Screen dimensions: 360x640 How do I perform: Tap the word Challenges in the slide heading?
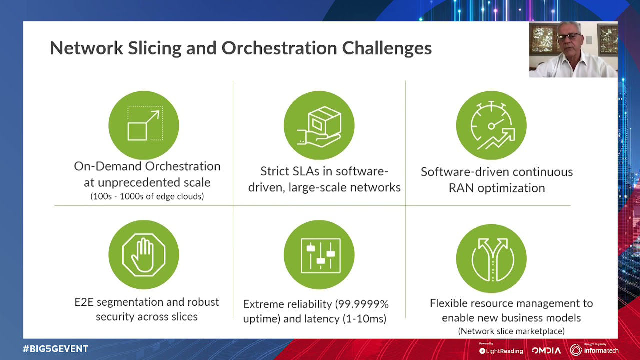(x=386, y=48)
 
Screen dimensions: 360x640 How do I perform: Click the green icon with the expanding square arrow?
(x=143, y=125)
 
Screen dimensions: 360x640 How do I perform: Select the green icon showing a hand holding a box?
(x=319, y=125)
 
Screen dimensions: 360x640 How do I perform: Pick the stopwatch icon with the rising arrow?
(x=491, y=125)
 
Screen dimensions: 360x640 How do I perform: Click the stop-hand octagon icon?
(x=143, y=255)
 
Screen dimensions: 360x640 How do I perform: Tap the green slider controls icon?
(x=319, y=255)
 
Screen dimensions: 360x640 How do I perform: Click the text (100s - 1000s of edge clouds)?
(x=147, y=196)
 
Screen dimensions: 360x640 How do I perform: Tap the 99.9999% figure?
(x=362, y=304)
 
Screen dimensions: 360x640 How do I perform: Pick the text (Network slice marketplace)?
(x=511, y=331)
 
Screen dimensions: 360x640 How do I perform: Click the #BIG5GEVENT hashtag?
(x=55, y=349)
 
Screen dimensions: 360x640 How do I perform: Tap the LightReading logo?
(x=501, y=351)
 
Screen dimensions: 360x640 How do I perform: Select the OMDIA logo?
(x=546, y=350)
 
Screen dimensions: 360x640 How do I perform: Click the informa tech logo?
(x=594, y=350)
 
